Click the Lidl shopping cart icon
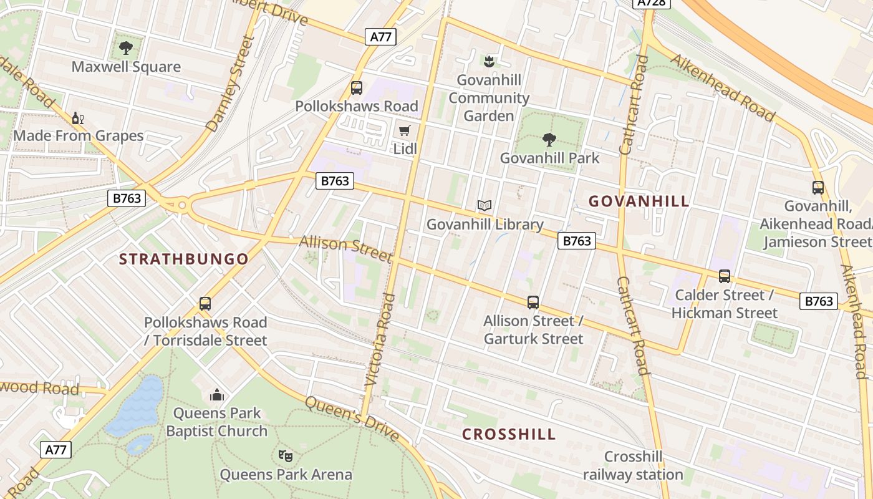click(405, 130)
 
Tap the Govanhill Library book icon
click(485, 205)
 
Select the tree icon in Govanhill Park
click(549, 139)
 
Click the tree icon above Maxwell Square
click(126, 47)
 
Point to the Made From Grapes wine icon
click(77, 118)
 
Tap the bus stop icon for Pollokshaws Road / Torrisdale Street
click(205, 304)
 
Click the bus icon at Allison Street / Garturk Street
click(533, 303)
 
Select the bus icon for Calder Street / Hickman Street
click(724, 276)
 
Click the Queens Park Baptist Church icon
click(217, 395)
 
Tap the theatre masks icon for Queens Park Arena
click(286, 456)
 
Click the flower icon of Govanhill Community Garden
click(489, 61)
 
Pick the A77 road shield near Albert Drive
click(380, 37)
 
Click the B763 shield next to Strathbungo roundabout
click(128, 198)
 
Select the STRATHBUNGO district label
click(184, 259)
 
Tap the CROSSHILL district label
click(509, 435)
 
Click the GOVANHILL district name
click(639, 201)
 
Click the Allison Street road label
click(345, 249)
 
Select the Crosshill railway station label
click(633, 465)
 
